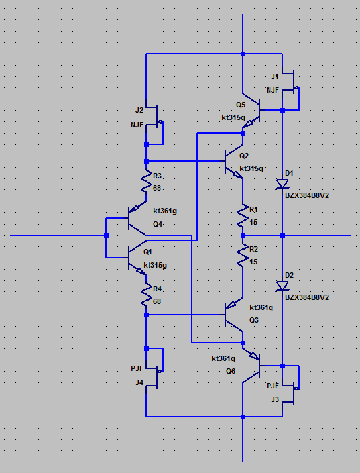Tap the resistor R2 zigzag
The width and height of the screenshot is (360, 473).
243,256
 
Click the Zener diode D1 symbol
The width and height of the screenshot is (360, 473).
282,184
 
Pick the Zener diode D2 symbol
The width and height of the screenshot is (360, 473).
282,286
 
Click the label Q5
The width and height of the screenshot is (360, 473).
241,105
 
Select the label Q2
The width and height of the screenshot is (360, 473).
244,156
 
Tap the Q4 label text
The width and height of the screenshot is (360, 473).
158,224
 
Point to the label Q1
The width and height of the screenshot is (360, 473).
148,252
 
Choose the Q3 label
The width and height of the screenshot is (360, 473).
254,320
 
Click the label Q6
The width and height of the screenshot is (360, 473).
231,371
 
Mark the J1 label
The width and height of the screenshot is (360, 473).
275,76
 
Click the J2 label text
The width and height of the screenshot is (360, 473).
139,110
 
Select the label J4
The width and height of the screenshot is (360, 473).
139,382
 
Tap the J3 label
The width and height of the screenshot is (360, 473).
275,399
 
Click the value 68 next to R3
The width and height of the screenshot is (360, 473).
157,189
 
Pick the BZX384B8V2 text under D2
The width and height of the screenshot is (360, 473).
307,297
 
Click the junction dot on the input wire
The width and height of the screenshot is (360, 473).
106,235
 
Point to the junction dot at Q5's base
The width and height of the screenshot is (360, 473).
282,111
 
